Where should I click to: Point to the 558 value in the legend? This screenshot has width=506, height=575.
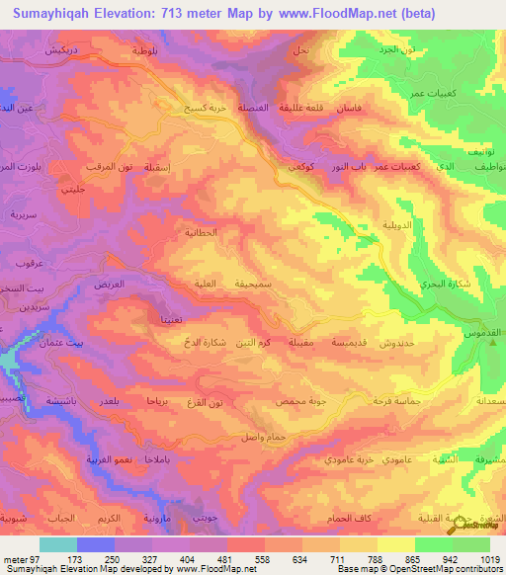tap(244, 559)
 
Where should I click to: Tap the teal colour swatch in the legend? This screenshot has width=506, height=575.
tap(57, 544)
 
